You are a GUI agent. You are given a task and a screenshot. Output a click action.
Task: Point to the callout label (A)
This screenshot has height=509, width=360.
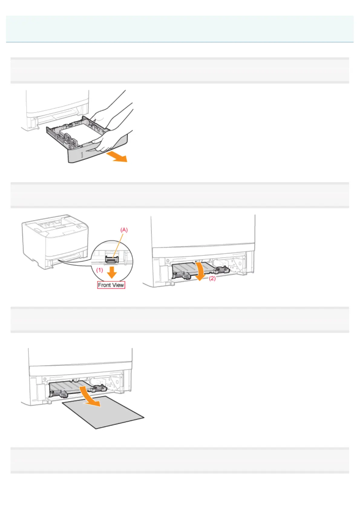(x=124, y=230)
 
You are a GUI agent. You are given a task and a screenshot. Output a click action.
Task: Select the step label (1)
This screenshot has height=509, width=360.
(x=100, y=270)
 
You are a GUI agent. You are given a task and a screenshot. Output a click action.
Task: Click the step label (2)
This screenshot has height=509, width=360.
(x=212, y=278)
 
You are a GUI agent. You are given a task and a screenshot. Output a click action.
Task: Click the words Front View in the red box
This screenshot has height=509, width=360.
(x=111, y=285)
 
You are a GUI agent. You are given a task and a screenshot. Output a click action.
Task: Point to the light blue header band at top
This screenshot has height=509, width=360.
(x=180, y=29)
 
